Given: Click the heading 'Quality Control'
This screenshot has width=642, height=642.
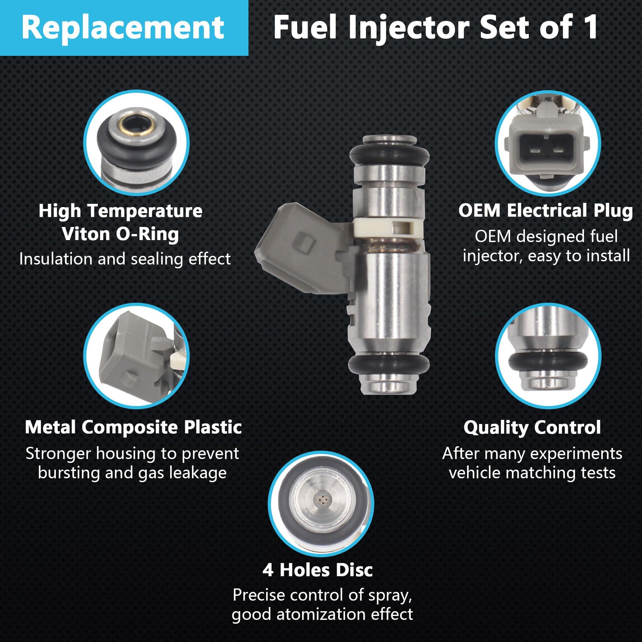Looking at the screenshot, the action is click(532, 427).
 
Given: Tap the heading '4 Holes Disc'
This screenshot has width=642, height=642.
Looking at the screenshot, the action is click(318, 569).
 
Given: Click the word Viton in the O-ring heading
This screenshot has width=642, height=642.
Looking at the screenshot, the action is click(85, 234).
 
